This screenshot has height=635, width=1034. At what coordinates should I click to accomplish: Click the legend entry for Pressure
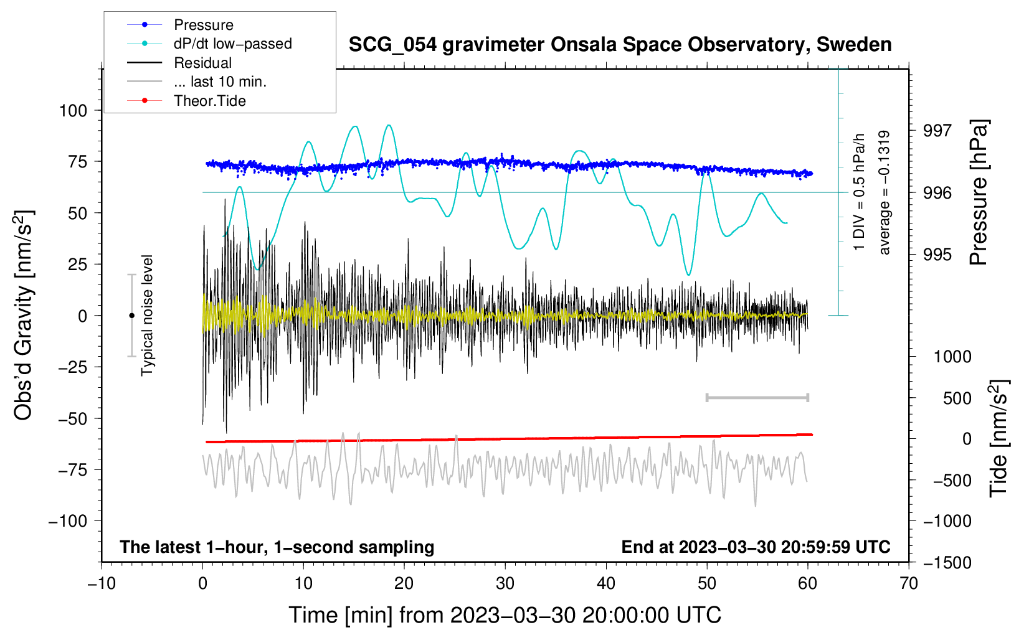pos(203,25)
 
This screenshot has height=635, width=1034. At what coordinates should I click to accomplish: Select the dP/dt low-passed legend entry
pos(232,44)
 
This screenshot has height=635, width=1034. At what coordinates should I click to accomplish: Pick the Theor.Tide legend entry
pos(209,101)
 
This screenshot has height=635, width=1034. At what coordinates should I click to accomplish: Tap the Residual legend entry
pos(202,63)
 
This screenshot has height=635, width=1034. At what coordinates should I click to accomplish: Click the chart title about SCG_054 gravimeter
pos(620,45)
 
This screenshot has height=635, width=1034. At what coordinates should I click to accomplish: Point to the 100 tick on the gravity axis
pos(73,111)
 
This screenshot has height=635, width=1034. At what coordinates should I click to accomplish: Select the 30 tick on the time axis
pos(505,583)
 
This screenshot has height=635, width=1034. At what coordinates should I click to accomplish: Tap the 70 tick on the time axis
pos(909,583)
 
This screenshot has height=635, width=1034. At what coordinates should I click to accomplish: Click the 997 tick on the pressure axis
pos(937,131)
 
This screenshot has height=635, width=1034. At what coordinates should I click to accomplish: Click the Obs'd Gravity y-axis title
pos(24,316)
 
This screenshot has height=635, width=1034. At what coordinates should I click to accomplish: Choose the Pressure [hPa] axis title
pos(980,193)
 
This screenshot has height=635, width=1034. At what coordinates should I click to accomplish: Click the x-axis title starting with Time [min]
pos(505,615)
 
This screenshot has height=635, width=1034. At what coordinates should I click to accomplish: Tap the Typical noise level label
pos(147,316)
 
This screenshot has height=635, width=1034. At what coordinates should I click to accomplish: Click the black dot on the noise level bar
pos(131,316)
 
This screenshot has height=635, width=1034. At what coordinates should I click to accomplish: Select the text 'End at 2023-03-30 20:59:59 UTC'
pos(756,547)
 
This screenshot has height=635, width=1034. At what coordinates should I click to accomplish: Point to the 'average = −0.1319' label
pos(885,193)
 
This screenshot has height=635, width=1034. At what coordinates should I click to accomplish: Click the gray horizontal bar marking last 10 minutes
pos(757,398)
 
